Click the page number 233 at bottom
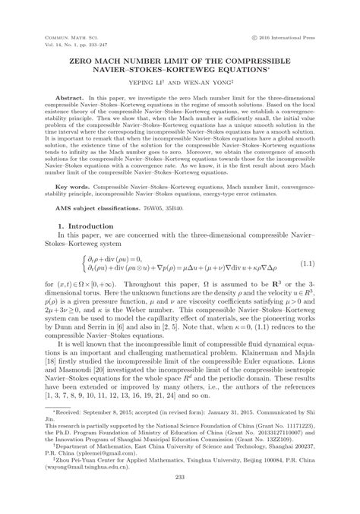click(x=180, y=497)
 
